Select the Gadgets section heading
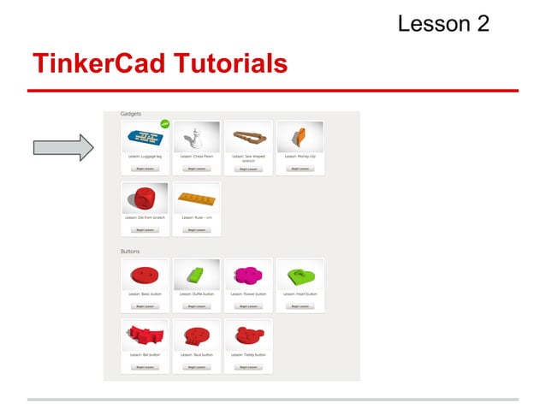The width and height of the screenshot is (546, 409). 131,114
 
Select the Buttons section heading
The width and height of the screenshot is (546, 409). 130,252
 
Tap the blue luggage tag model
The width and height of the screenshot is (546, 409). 144,138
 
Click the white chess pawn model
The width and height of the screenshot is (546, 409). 196,136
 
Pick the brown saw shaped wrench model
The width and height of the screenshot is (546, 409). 247,137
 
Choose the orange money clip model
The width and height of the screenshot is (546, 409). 299,136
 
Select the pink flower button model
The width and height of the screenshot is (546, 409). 248,276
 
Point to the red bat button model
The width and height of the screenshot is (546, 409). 144,335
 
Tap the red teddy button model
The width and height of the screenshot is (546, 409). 248,335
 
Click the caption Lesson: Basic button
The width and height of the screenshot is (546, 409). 144,293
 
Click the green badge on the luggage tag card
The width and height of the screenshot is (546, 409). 164,124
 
